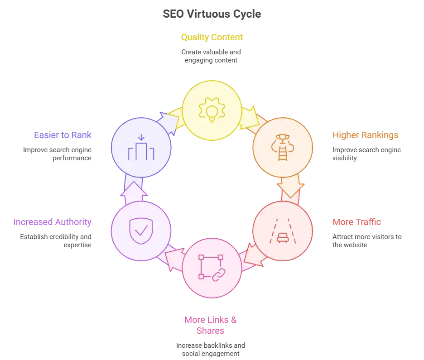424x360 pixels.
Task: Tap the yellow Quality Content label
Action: point(212,37)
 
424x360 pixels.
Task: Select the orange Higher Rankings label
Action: point(365,135)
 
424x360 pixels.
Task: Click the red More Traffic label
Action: point(357,222)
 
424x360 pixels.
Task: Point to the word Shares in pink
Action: point(212,331)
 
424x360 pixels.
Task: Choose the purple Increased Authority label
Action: point(53,222)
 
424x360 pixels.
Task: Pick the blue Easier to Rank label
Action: point(63,135)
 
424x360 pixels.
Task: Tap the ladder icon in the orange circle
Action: point(282,148)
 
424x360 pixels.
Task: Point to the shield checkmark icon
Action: point(141,231)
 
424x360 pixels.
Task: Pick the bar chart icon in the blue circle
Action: point(141,149)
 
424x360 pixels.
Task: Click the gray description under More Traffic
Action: point(366,241)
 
